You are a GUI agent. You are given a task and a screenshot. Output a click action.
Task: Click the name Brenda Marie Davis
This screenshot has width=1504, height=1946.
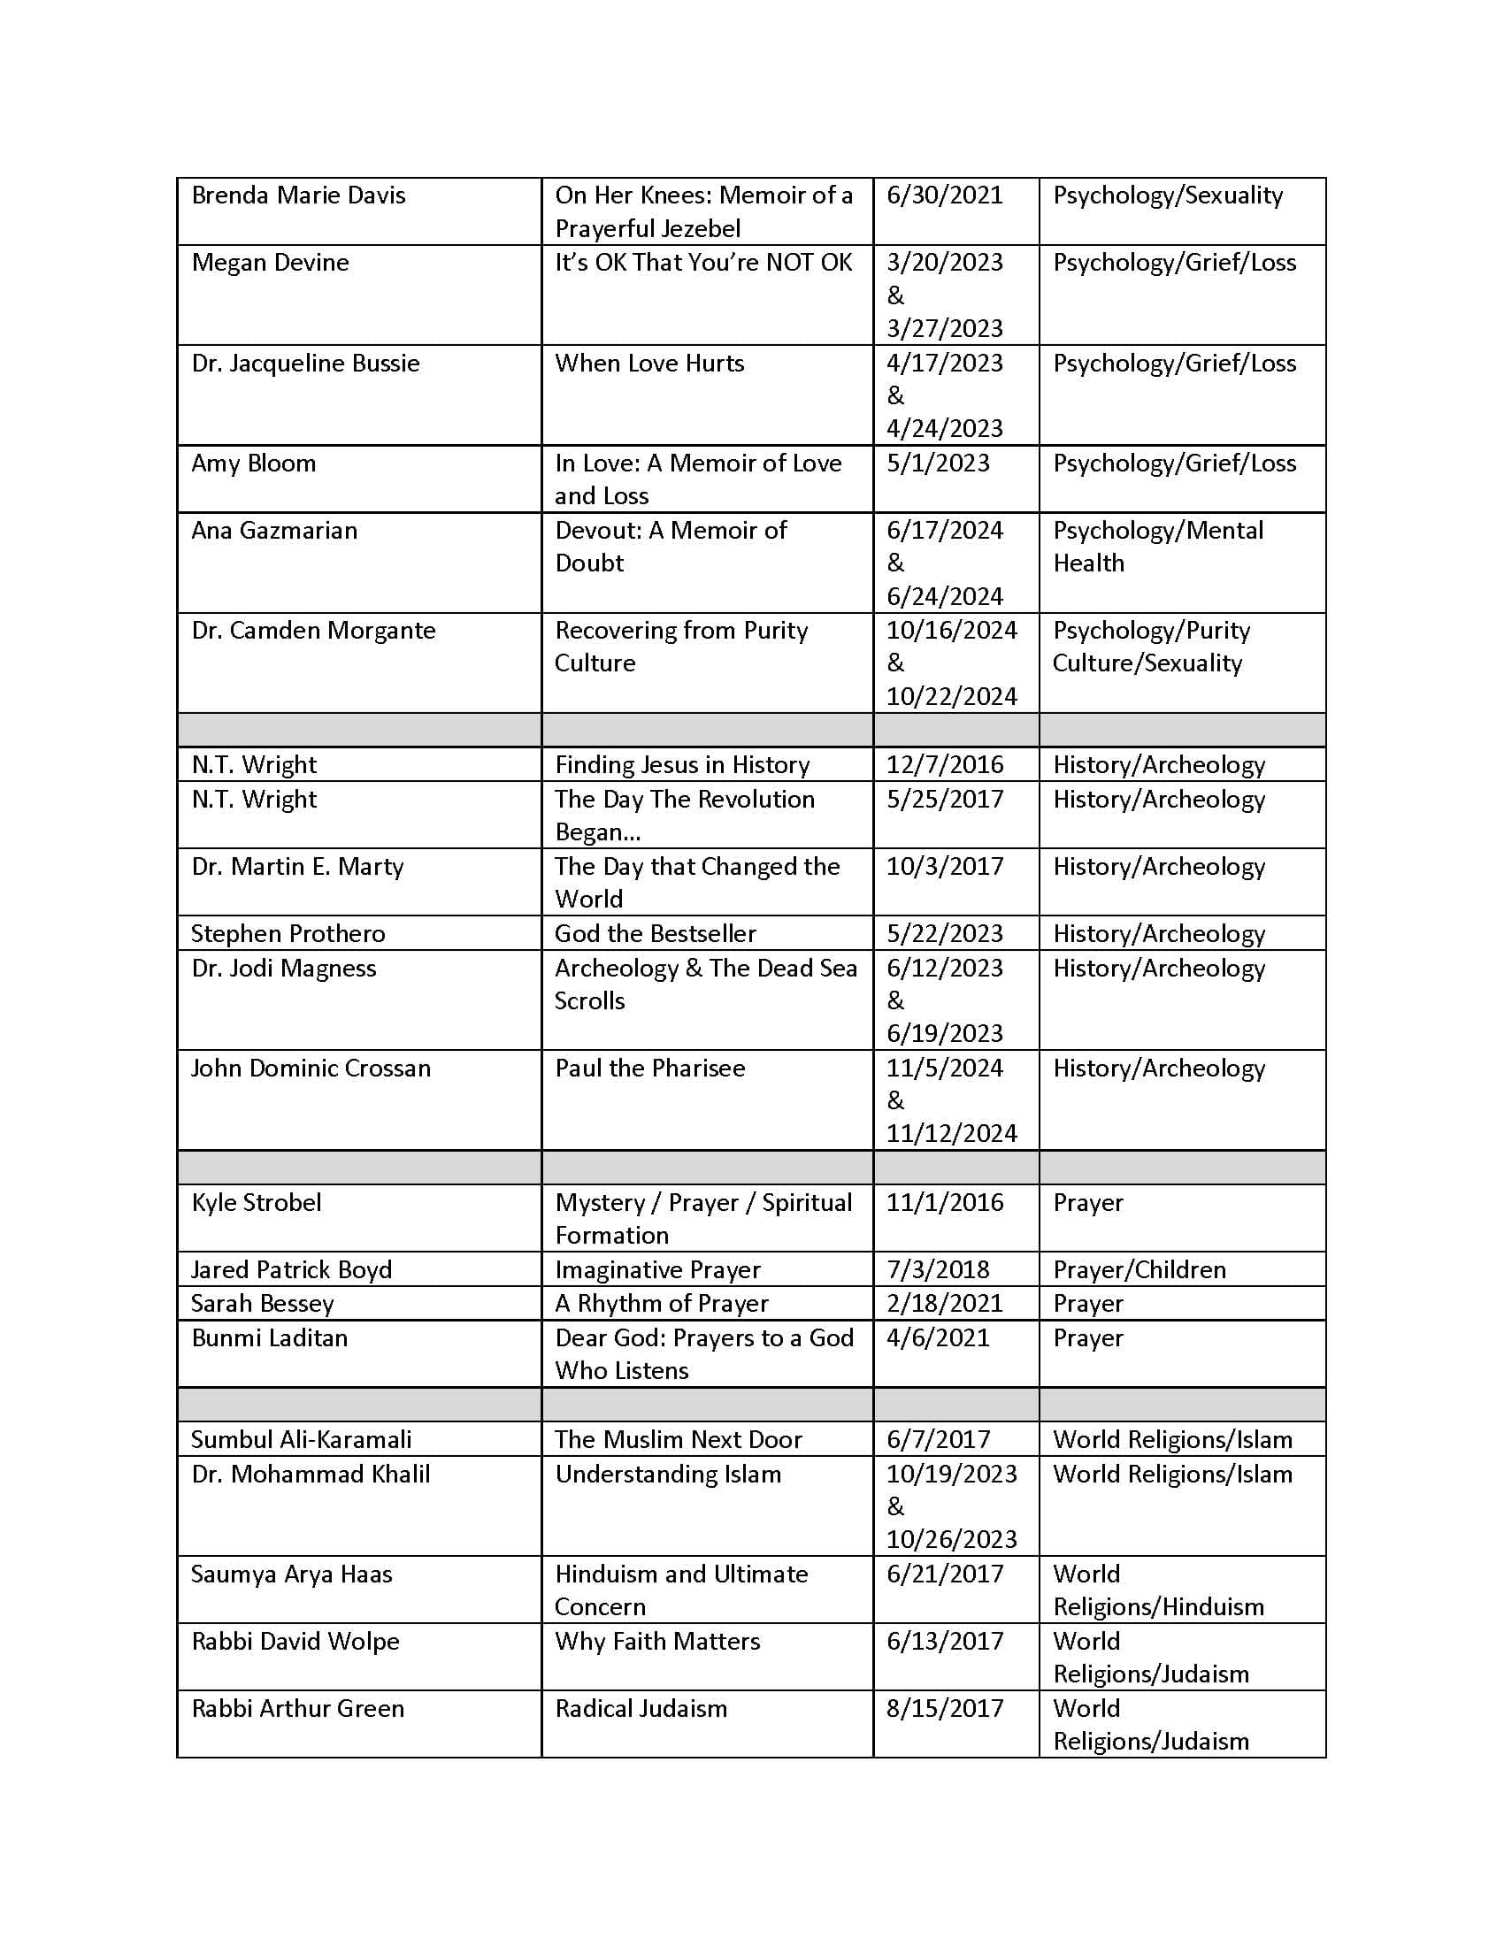298,195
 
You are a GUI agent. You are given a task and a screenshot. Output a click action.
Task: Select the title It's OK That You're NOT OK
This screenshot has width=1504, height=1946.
703,262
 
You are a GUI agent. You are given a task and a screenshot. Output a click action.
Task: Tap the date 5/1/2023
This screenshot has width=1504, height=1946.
937,463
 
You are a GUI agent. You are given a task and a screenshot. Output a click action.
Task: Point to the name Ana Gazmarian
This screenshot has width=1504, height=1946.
274,530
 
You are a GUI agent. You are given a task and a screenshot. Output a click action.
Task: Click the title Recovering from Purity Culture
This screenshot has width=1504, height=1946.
680,646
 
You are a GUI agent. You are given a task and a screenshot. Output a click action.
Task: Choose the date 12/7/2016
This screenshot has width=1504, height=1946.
945,764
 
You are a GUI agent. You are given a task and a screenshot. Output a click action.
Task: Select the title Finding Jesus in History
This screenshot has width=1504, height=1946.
681,764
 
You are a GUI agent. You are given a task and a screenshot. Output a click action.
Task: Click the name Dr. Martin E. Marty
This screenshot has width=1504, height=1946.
297,866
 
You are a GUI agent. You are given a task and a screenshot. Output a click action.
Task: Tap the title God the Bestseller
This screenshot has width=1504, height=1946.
655,933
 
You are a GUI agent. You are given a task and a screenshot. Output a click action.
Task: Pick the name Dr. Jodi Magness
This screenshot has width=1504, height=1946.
283,968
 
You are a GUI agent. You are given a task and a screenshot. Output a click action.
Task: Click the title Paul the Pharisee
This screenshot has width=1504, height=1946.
649,1068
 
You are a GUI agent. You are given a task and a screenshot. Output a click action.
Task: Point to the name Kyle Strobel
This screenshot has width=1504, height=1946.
256,1202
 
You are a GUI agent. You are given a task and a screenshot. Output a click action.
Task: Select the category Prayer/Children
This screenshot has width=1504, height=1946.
1139,1268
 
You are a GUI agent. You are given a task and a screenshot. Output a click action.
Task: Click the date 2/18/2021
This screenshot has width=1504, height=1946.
945,1303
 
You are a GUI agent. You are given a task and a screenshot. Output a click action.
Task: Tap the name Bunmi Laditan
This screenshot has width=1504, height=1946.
269,1337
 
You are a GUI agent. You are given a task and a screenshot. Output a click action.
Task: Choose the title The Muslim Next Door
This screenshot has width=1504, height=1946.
678,1439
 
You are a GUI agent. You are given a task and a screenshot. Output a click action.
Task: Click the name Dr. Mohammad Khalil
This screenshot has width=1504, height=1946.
310,1474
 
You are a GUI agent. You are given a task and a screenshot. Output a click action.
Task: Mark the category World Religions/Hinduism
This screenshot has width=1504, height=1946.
1157,1590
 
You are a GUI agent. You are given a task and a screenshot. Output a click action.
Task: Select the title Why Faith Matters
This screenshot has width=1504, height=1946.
657,1640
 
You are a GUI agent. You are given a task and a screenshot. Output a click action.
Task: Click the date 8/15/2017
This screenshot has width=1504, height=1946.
945,1708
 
